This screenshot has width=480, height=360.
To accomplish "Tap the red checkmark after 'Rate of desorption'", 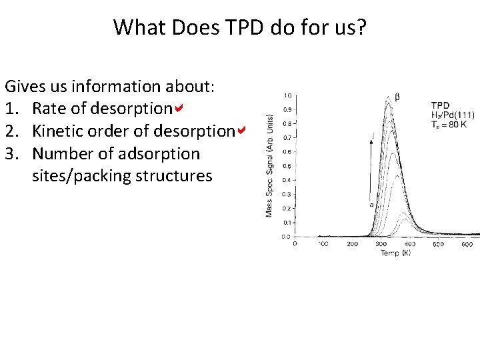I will coord(178,108).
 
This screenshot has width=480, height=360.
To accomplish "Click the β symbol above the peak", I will coord(398,97).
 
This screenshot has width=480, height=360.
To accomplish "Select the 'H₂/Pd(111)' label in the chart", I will coord(453,115).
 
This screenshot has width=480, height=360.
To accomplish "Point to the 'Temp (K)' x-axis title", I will coord(395,253).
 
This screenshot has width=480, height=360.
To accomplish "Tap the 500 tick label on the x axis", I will coord(437,244).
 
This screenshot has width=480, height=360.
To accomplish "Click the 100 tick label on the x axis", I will coord(323,244).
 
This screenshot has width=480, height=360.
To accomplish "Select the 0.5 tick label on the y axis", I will coord(286,165).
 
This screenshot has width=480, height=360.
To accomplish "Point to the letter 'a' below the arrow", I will coord(371,205).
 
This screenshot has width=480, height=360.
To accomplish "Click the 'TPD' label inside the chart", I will coord(440,105).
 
